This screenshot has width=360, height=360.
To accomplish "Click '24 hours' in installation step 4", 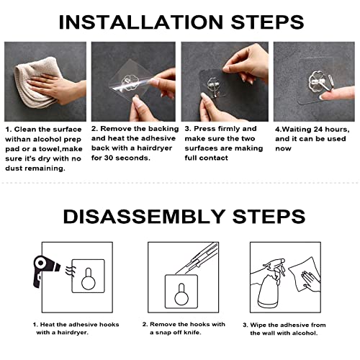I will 327,129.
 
